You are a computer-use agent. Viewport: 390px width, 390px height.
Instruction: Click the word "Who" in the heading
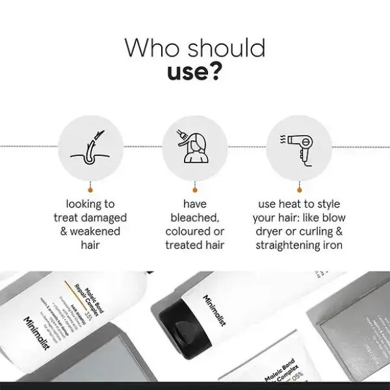[151, 49]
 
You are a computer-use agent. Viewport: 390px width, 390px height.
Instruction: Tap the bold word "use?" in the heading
[195, 72]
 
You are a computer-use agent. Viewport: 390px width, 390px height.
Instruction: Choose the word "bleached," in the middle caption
[195, 218]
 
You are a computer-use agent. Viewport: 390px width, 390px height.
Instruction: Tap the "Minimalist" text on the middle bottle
[209, 309]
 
